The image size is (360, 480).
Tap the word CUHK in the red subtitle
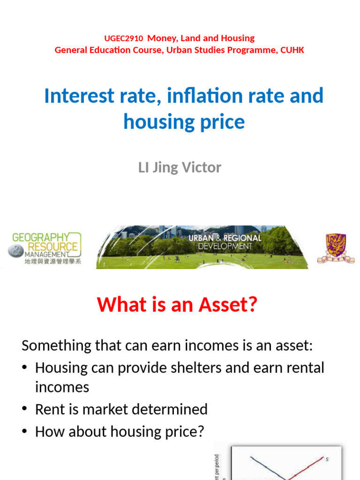coord(292,50)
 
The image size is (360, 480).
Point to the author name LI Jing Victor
coord(180,168)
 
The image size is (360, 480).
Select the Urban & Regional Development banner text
coord(225,242)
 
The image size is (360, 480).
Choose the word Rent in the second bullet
coord(48,409)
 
